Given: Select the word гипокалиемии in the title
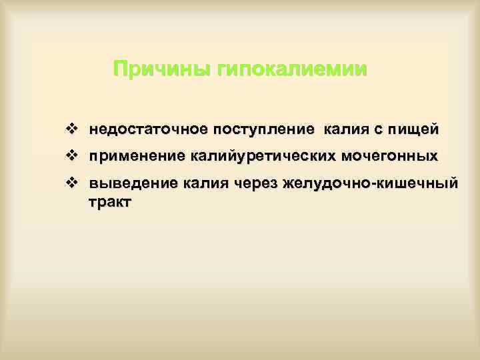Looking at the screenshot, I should tap(293, 69).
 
